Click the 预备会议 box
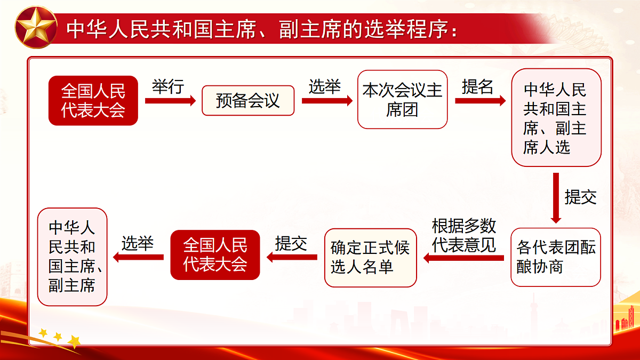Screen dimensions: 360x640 coord(248,100)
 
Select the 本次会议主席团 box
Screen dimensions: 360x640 coord(402,100)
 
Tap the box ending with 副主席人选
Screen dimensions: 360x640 coord(556,118)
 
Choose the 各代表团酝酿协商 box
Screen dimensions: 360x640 coord(556,258)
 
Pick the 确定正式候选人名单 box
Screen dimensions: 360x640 coord(370,258)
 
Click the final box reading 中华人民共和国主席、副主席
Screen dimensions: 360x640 coord(73,257)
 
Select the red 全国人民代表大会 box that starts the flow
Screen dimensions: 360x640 coord(93,100)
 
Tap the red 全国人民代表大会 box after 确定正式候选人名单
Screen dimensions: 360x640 coord(215,255)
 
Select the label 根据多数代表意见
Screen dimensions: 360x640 coord(464,235)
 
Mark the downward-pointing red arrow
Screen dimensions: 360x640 coord(556,197)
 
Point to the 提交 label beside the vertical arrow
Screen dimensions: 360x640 coord(580,197)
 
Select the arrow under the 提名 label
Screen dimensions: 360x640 coord(480,101)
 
